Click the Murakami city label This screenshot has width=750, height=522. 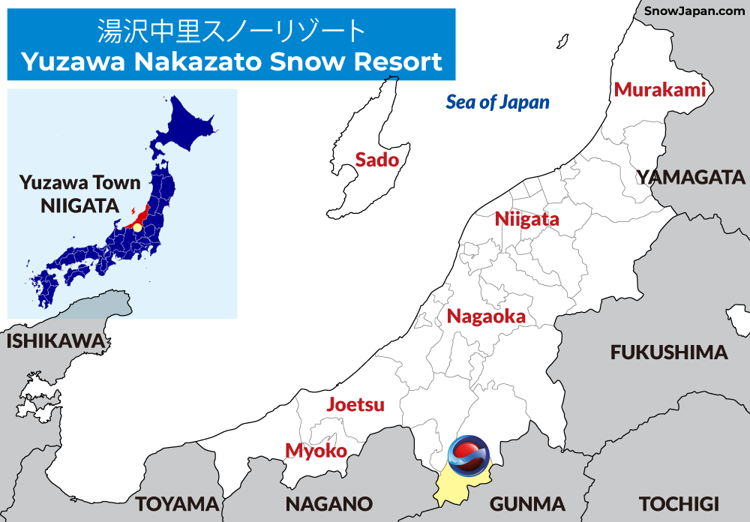tap(660, 90)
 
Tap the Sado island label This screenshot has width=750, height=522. tap(376, 159)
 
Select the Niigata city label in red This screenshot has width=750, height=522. tap(527, 220)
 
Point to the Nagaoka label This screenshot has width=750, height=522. tap(486, 316)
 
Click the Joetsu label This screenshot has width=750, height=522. tap(355, 405)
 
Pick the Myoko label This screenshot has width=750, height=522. tap(316, 451)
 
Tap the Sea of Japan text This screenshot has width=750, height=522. tap(498, 103)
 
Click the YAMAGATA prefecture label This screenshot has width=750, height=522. tap(691, 178)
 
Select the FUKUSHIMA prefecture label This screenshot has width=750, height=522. tap(669, 352)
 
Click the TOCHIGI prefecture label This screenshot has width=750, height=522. tap(679, 503)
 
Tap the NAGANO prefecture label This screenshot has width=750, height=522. tap(329, 503)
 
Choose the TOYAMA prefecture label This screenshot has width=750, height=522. tap(176, 503)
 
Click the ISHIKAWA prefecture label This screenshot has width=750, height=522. tap(55, 341)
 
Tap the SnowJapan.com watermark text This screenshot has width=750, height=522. tap(694, 11)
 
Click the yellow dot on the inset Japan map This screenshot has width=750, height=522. tap(137, 226)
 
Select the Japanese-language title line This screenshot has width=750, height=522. tap(231, 31)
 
